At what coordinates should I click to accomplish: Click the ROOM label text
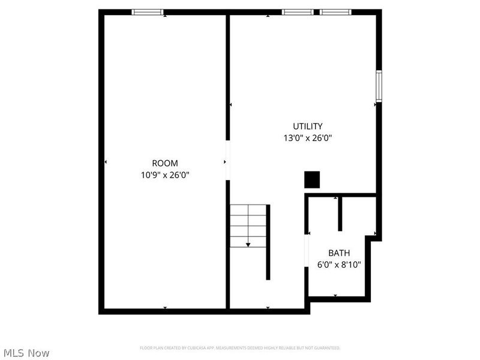pos(164,163)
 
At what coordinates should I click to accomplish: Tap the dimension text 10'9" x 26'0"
pos(164,175)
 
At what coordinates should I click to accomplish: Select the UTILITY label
pos(308,127)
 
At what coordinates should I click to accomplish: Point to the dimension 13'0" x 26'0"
pos(308,138)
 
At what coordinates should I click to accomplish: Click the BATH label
pos(338,253)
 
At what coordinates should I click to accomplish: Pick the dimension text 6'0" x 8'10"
pos(338,264)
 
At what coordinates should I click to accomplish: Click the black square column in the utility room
pos(312,179)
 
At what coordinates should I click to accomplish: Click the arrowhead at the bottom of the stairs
pos(248,244)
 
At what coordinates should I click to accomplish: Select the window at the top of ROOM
pos(147,11)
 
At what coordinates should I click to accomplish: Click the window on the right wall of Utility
pos(379,85)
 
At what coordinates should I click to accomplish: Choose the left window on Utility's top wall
pos(297,11)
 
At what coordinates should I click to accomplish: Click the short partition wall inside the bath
pos(340,214)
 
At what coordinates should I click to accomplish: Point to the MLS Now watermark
pos(26,353)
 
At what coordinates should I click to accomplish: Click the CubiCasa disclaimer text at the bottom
pos(240,348)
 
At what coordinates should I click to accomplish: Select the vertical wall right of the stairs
pos(268,242)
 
